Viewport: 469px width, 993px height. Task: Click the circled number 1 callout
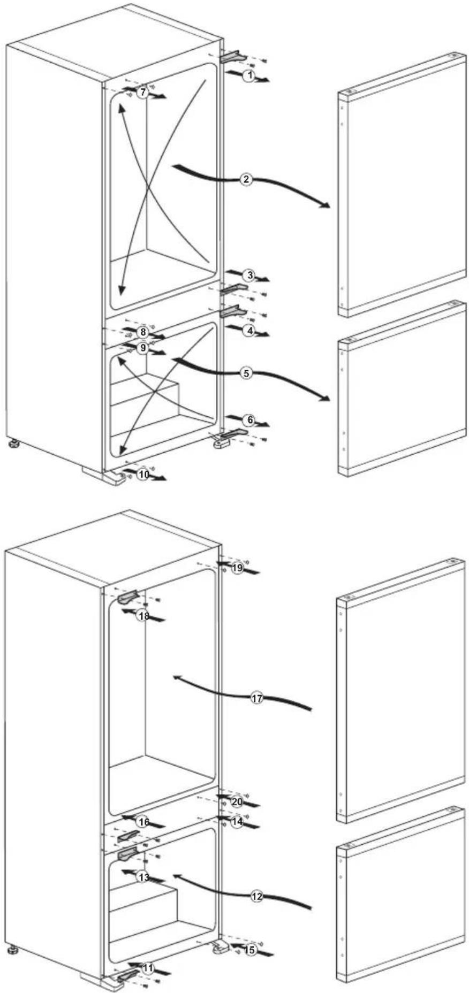(x=248, y=75)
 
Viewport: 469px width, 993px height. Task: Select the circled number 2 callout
(x=246, y=179)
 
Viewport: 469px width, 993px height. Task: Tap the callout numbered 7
(x=141, y=93)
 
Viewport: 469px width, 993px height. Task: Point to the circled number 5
(x=246, y=373)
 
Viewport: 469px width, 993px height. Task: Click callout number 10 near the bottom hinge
(x=142, y=475)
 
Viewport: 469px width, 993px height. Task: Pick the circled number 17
(x=258, y=698)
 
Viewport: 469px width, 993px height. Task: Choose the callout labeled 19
(x=238, y=568)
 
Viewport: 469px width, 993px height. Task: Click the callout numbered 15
(x=249, y=950)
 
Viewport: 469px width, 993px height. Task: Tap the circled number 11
(x=148, y=967)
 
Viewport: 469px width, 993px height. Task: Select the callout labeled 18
(x=143, y=616)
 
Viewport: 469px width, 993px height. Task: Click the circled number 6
(x=250, y=421)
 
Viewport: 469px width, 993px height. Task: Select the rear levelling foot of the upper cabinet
(x=12, y=444)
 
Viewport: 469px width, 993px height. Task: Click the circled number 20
(x=237, y=802)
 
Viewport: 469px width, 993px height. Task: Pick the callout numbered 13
(x=143, y=877)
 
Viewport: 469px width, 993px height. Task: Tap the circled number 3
(x=249, y=276)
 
